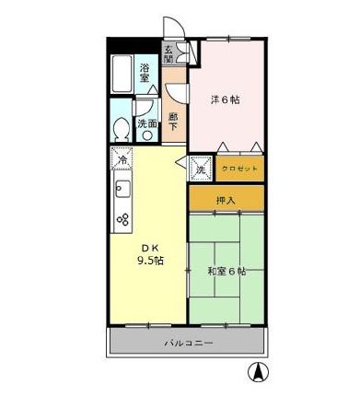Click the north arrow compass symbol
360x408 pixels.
(x=260, y=374)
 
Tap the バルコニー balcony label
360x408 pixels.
(x=189, y=344)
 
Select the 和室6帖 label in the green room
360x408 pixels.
(x=226, y=271)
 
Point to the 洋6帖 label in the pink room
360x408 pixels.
(x=225, y=99)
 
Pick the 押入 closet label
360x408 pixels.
(x=226, y=198)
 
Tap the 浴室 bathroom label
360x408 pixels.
(x=145, y=73)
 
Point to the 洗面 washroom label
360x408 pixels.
(x=145, y=122)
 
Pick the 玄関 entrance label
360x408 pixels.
(x=168, y=53)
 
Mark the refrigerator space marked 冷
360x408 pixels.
(x=123, y=159)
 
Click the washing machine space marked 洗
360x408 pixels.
(x=202, y=169)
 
